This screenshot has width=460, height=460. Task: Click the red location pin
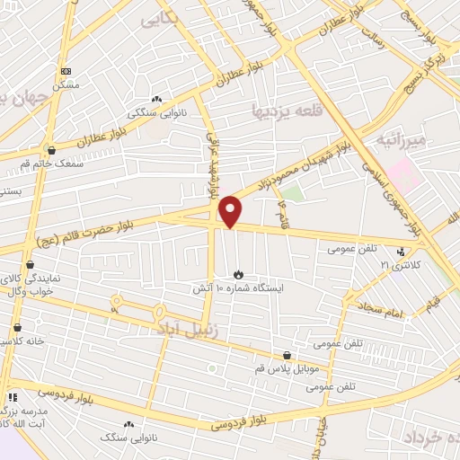pos(231,211)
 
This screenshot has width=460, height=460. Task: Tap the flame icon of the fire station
pos(238,274)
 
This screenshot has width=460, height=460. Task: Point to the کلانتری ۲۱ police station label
pos(400,264)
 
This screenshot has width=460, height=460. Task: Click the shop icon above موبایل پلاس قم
pos(287,355)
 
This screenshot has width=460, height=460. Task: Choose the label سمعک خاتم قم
pos(55,164)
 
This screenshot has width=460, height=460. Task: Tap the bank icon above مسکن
pos(65,71)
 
